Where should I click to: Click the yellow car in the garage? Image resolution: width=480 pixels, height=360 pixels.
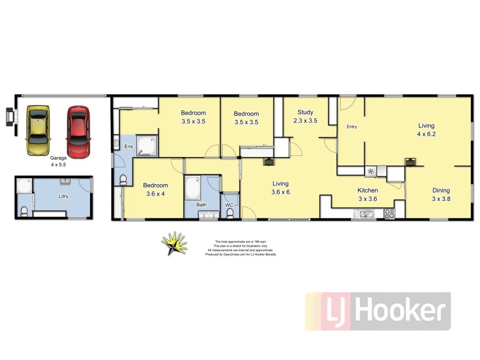click(38, 130)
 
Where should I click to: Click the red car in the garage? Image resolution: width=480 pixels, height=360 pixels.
click(77, 131)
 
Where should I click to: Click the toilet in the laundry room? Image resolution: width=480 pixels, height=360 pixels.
click(25, 211)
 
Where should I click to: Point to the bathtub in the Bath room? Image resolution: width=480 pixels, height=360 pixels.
click(193, 189)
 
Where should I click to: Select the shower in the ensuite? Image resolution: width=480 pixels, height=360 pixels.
click(147, 145)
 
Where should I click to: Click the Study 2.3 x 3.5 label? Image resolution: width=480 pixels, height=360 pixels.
click(305, 116)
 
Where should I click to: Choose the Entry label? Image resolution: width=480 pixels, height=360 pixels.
click(352, 127)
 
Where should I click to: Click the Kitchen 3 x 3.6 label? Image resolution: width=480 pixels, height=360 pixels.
click(368, 194)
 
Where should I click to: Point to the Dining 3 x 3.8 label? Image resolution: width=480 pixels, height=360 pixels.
click(441, 194)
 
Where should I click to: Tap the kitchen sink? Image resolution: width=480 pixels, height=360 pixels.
click(364, 214)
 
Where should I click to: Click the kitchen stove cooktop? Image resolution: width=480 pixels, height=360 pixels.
click(389, 213)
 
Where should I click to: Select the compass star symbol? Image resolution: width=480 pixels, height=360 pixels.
click(174, 244)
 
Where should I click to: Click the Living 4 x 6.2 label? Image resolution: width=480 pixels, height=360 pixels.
click(427, 130)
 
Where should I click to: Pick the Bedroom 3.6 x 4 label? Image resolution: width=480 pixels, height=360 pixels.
click(155, 190)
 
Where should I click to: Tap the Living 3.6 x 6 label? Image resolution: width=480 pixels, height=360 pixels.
click(280, 188)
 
